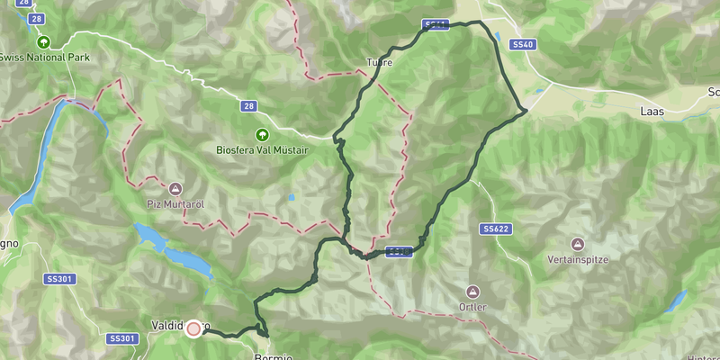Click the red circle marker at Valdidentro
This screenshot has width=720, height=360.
(193, 329)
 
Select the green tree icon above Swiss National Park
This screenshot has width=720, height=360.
(42, 41)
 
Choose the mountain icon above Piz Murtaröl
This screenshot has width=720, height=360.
(175, 189)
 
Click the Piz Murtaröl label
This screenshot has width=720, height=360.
(175, 204)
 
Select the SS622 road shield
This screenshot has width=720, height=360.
(496, 229)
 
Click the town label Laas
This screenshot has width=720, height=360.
(651, 110)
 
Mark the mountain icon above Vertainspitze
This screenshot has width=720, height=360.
(577, 244)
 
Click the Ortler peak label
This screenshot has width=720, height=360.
(472, 307)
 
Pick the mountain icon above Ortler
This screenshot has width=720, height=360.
(472, 292)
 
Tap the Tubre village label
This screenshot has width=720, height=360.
(380, 63)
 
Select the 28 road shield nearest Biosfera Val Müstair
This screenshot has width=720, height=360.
(248, 106)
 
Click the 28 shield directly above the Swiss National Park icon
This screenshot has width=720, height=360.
(35, 18)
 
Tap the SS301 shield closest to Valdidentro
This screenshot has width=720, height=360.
(121, 338)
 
